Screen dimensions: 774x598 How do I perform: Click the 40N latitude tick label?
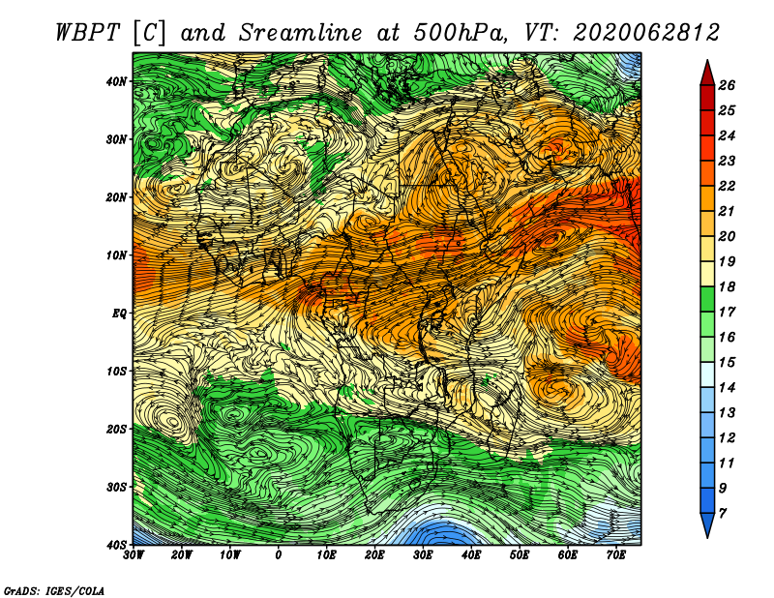point(116,81)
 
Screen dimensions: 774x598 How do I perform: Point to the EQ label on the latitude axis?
point(119,314)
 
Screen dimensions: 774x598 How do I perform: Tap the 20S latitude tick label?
point(116,429)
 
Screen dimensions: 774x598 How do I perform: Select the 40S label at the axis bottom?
point(116,545)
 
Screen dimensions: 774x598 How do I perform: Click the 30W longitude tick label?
point(134,555)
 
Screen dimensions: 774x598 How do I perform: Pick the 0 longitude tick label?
point(279,555)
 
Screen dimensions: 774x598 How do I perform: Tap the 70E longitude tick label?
point(616,555)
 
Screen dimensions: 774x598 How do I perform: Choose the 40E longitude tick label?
point(471,555)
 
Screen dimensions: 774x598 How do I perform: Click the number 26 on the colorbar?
point(727,85)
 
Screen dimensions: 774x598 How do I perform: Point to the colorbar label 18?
point(727,286)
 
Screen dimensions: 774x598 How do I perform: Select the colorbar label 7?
point(723,514)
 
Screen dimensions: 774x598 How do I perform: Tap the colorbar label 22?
point(727,186)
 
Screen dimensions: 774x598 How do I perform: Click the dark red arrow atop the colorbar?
point(707,74)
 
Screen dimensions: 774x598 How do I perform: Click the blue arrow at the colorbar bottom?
point(707,525)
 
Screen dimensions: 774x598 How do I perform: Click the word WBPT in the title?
point(87,33)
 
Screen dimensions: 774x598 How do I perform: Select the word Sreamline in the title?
point(300,33)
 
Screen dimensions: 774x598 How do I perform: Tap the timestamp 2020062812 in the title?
point(646,33)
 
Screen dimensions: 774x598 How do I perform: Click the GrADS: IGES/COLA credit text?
point(54,590)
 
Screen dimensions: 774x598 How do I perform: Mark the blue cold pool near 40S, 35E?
point(441,531)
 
